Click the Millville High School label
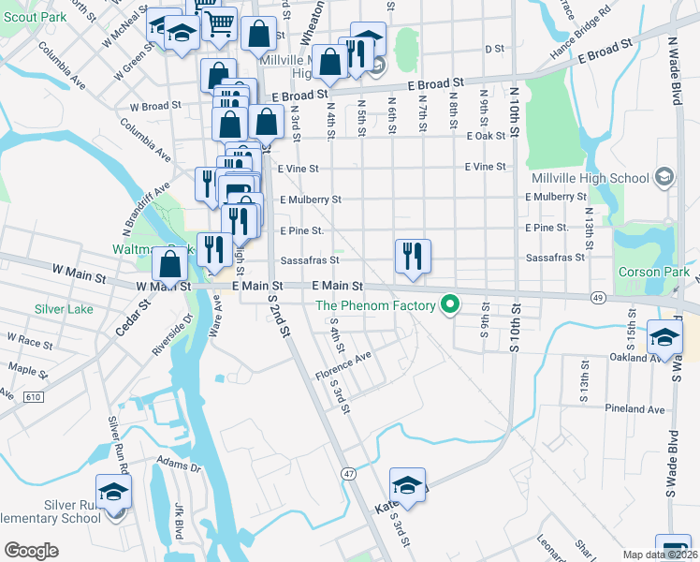[x=590, y=178]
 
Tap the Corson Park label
[x=653, y=272]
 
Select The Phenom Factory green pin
[x=450, y=304]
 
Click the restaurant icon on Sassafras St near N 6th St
[x=413, y=255]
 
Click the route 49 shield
[x=595, y=296]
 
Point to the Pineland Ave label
[x=635, y=409]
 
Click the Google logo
[x=31, y=551]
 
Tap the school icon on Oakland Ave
[x=664, y=339]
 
